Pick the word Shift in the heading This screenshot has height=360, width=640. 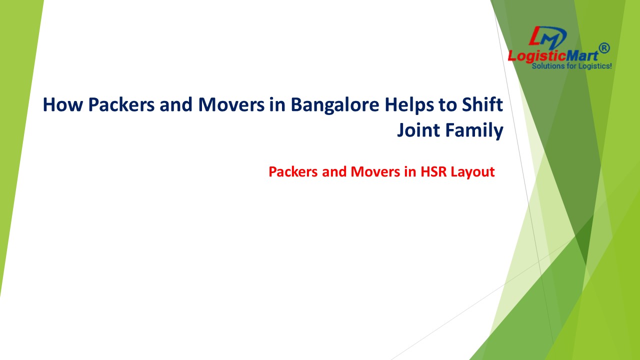(x=483, y=104)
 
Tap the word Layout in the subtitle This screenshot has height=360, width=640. (x=472, y=172)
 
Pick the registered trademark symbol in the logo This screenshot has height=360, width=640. (x=604, y=48)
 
